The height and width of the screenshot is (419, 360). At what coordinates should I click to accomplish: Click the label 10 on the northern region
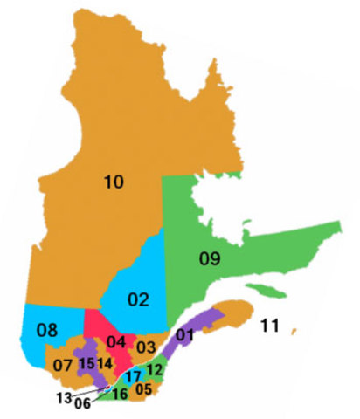(x=113, y=182)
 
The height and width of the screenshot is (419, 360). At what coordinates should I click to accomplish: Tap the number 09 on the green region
(x=210, y=258)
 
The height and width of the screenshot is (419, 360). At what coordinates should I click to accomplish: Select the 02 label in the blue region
(x=138, y=300)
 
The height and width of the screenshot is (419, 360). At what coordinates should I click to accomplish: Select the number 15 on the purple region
(x=87, y=363)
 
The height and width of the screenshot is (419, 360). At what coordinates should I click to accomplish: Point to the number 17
(x=133, y=376)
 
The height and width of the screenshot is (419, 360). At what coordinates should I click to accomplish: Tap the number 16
(x=121, y=393)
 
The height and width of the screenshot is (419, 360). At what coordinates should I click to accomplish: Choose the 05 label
(x=144, y=388)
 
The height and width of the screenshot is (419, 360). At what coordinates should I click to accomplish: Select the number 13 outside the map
(x=63, y=398)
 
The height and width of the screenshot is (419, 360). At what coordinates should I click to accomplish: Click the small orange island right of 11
(x=294, y=330)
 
